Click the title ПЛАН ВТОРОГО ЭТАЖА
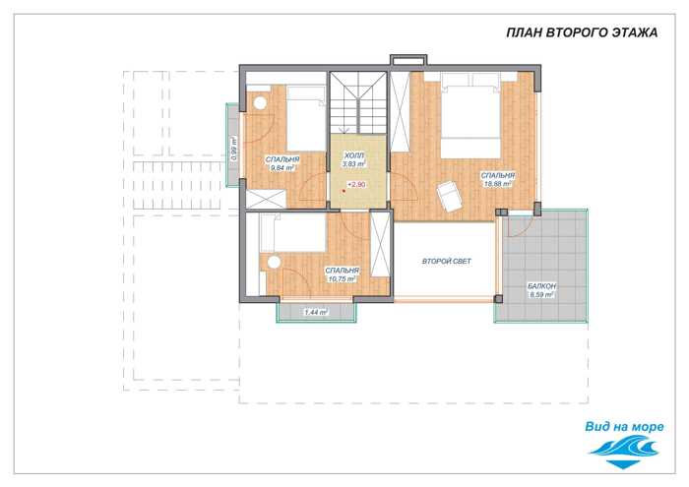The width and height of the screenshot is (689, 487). [x=582, y=32]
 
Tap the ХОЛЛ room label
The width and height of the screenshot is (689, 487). [x=354, y=155]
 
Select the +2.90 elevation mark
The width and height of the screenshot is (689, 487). [x=356, y=184]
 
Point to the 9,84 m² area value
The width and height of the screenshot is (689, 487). [x=282, y=168]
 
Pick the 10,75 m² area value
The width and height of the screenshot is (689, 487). [x=342, y=278]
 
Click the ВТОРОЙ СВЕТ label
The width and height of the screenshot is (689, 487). [x=447, y=262]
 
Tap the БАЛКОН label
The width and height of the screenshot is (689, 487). [x=541, y=286]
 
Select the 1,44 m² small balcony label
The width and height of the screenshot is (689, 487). [x=316, y=313]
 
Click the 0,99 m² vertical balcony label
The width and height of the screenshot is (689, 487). [x=234, y=149]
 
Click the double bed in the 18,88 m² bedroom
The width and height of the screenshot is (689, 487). [x=470, y=115]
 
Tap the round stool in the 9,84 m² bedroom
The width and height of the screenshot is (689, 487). [x=260, y=102]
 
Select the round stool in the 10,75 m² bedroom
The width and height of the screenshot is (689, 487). [x=275, y=262]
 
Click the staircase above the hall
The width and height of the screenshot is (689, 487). [x=358, y=102]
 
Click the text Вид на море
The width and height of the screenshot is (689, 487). [x=624, y=426]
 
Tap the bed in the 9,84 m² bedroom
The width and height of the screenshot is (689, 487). [x=306, y=119]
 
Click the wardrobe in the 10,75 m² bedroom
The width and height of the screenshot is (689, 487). [x=380, y=244]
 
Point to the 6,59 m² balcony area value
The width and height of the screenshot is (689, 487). [x=541, y=295]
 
